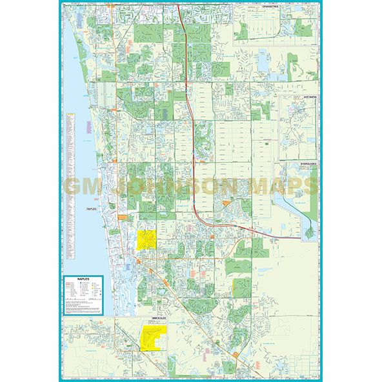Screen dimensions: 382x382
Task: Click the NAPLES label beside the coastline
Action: (x=95, y=209)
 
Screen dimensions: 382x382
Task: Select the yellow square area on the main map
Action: (x=146, y=241)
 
